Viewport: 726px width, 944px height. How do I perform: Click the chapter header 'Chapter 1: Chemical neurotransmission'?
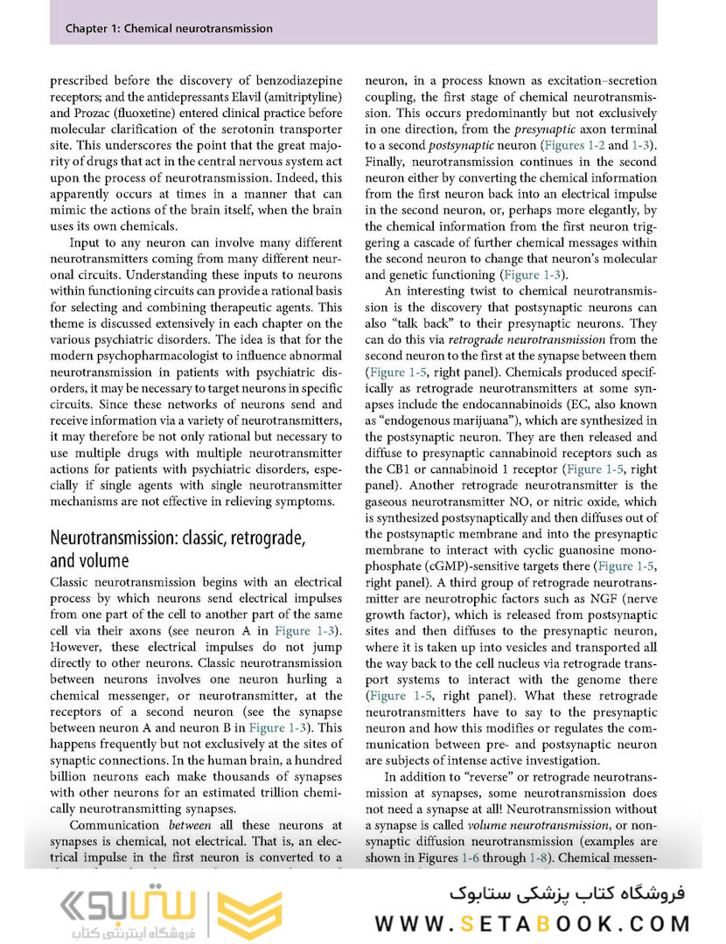pyautogui.click(x=169, y=29)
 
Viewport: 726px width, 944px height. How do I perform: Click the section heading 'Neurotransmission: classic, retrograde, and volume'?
pyautogui.click(x=178, y=549)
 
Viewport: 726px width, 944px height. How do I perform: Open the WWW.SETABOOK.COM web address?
pyautogui.click(x=534, y=923)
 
